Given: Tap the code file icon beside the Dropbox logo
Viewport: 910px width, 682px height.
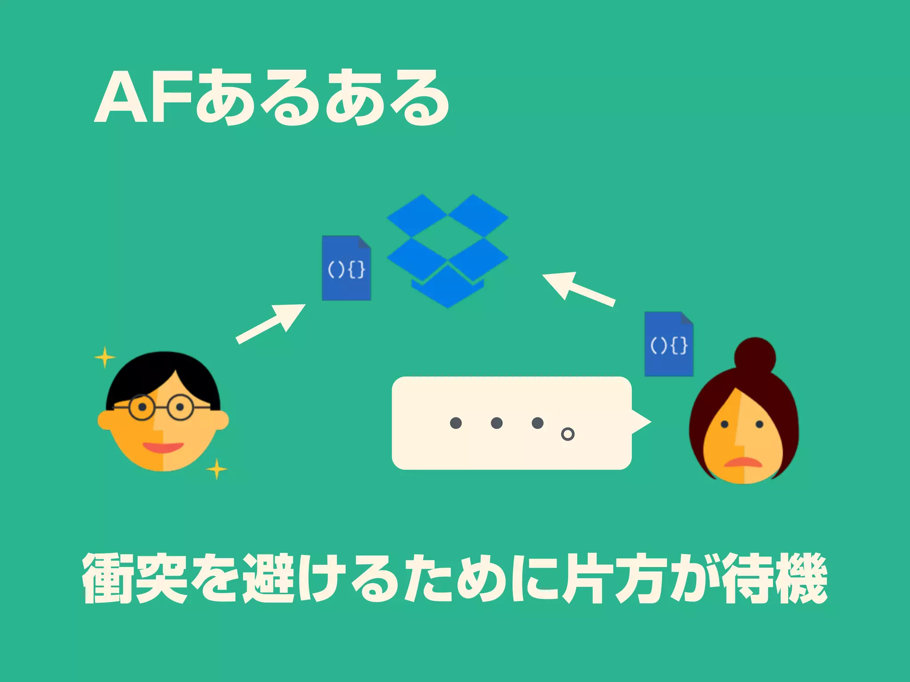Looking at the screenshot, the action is pyautogui.click(x=346, y=268).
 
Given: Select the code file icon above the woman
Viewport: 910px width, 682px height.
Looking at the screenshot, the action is pyautogui.click(x=669, y=344).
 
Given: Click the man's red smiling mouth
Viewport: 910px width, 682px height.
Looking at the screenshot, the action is pyautogui.click(x=163, y=447).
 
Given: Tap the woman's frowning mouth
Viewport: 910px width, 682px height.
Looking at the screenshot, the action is pyautogui.click(x=743, y=463).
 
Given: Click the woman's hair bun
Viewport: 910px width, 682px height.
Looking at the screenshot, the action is pyautogui.click(x=755, y=357).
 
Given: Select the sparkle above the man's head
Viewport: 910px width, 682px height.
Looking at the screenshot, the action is pyautogui.click(x=105, y=357).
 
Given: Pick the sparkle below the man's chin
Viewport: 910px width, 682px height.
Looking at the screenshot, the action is pyautogui.click(x=217, y=469).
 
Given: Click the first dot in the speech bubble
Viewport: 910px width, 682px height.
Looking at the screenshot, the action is pyautogui.click(x=455, y=423).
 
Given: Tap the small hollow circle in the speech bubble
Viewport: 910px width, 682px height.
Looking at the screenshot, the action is pyautogui.click(x=567, y=434).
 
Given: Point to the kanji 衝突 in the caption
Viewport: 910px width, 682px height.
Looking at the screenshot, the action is pyautogui.click(x=135, y=579).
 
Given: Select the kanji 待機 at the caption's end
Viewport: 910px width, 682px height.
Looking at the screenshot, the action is pyautogui.click(x=774, y=579).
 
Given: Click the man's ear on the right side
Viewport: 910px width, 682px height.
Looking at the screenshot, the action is pyautogui.click(x=221, y=420).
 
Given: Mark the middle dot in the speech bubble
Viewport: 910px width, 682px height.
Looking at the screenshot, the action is pyautogui.click(x=496, y=423).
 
